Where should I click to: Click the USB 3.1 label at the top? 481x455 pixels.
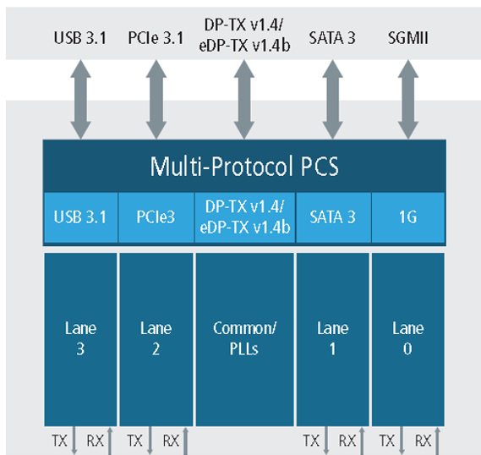(80, 38)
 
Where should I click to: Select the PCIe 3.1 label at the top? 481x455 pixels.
(156, 38)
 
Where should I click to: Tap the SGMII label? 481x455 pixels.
(407, 38)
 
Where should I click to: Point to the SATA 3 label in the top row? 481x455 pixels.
(332, 38)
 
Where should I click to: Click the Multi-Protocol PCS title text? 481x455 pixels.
(244, 167)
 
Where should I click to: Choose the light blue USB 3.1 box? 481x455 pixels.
(80, 217)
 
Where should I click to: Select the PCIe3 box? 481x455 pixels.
(156, 217)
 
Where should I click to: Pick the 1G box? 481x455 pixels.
(408, 217)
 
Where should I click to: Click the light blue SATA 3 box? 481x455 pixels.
(333, 217)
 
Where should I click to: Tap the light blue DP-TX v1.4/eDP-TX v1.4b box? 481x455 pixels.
(245, 217)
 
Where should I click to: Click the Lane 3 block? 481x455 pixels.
(80, 339)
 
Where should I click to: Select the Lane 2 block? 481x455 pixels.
(156, 339)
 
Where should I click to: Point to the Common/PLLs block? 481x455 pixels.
(245, 339)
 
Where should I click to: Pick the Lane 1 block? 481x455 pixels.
(333, 339)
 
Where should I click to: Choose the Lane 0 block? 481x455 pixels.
(408, 339)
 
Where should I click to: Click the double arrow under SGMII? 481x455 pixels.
(408, 100)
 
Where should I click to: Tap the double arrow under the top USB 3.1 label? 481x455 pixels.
(80, 100)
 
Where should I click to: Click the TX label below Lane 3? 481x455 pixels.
(59, 441)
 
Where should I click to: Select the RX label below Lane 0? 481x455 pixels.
(423, 441)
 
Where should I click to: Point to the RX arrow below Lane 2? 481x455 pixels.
(185, 441)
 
